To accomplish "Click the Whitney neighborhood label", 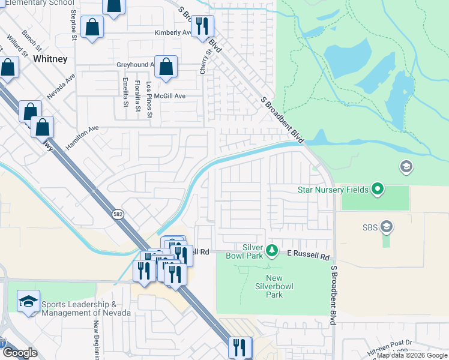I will click(x=50, y=59).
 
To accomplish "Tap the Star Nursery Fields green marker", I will click(x=378, y=190).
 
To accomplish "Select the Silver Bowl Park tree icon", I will click(x=271, y=250).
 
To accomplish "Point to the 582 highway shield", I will click(x=117, y=213).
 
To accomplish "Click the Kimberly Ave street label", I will click(x=172, y=32).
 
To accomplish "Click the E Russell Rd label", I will click(x=308, y=256).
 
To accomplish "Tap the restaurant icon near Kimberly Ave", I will click(x=203, y=26).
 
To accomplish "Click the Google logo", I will click(x=20, y=353).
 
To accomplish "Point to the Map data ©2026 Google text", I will click(x=412, y=355).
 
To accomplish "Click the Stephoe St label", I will click(x=74, y=23).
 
